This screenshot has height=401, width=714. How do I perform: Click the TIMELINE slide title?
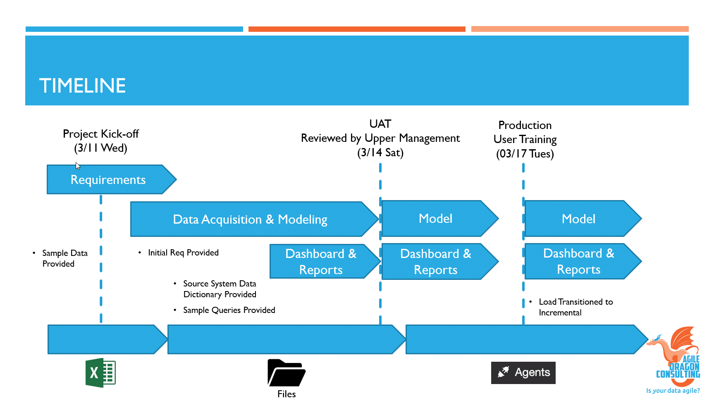click(x=82, y=86)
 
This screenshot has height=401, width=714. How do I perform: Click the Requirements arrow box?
click(x=108, y=179)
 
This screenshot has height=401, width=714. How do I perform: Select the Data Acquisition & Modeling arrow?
click(x=250, y=219)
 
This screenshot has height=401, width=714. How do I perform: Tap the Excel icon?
click(x=100, y=372)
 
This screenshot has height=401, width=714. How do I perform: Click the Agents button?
click(x=523, y=372)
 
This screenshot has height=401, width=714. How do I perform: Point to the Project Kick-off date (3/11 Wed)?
click(x=100, y=148)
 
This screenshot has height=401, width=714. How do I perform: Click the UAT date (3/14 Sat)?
click(x=380, y=153)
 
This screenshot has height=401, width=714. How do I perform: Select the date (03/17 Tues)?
click(x=525, y=154)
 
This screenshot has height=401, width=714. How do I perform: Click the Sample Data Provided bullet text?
click(x=64, y=258)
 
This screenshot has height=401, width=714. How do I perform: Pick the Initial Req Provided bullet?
click(x=183, y=253)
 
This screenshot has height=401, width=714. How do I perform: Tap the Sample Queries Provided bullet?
click(x=229, y=310)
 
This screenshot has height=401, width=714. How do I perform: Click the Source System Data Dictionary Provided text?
click(x=220, y=289)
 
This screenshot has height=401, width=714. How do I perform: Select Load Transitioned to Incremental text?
click(x=575, y=307)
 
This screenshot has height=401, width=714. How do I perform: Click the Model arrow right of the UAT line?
click(x=435, y=219)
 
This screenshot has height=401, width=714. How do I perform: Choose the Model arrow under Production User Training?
click(x=578, y=219)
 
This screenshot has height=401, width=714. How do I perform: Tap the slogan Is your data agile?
click(x=673, y=391)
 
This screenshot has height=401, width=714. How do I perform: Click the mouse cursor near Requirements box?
click(x=78, y=166)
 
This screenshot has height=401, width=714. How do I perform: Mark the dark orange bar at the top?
click(x=357, y=29)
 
